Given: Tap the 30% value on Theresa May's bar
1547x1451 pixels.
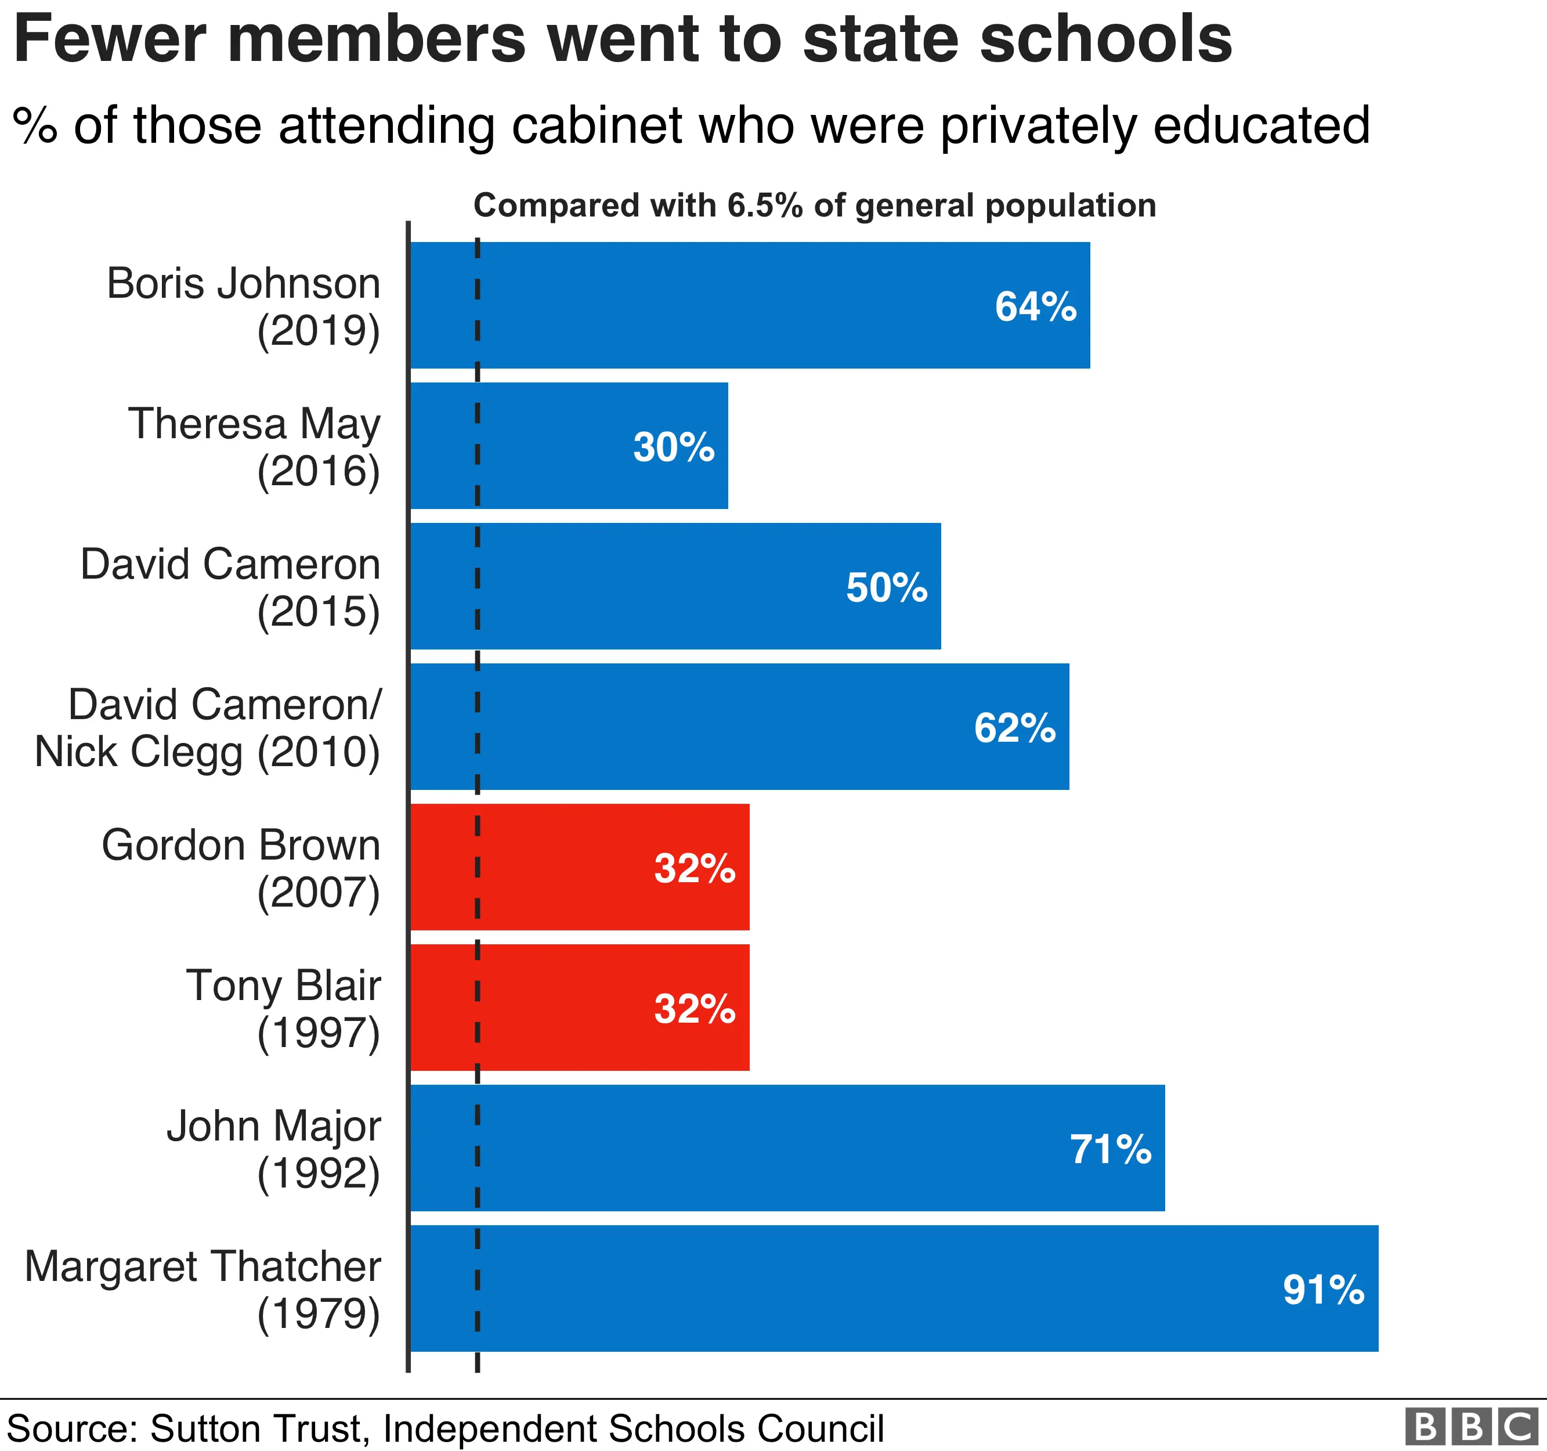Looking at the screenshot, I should coord(673,447).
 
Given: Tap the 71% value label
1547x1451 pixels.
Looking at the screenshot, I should coord(1111,1149).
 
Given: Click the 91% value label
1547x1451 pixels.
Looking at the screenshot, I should coord(1323,1290).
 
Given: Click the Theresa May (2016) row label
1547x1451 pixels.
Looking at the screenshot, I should coord(255,447).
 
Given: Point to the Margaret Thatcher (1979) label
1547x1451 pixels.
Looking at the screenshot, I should coord(203,1290).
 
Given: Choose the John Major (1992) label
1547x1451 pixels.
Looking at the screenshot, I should coord(273,1149).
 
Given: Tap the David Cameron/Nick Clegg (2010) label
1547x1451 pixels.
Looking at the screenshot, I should coord(208,728).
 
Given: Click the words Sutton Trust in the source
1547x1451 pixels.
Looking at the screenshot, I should coord(255,1428).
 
